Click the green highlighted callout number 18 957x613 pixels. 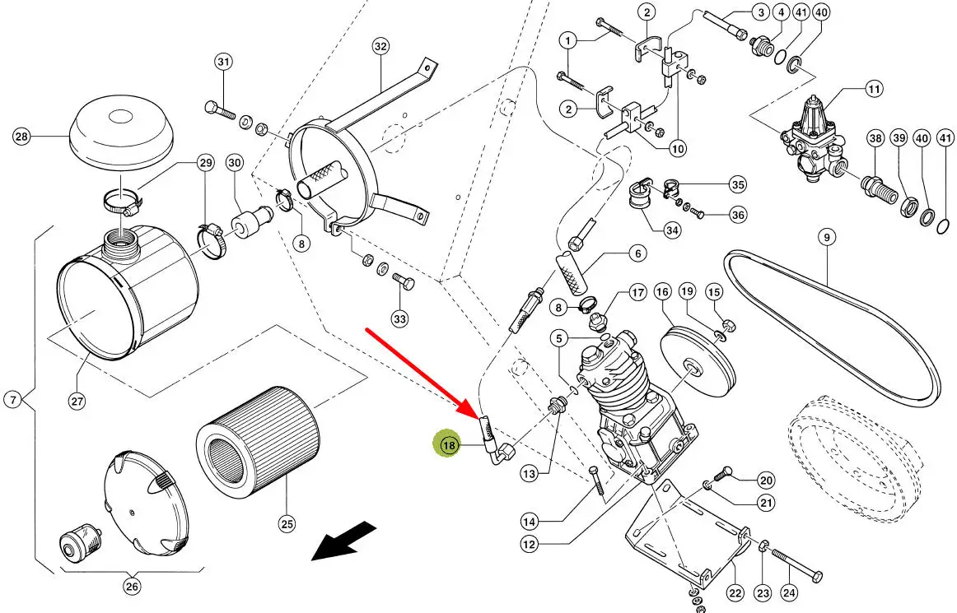pyautogui.click(x=449, y=445)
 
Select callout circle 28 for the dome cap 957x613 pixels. pyautogui.click(x=21, y=137)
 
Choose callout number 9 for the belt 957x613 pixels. pyautogui.click(x=826, y=237)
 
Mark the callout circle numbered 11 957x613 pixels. pyautogui.click(x=873, y=88)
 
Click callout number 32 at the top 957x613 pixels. pyautogui.click(x=380, y=47)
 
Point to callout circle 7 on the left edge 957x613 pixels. pyautogui.click(x=12, y=401)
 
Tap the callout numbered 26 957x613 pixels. pyautogui.click(x=132, y=587)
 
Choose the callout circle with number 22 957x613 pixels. pyautogui.click(x=735, y=592)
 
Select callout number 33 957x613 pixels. pyautogui.click(x=399, y=318)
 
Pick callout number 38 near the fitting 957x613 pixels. pyautogui.click(x=875, y=140)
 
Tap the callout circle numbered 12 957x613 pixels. pyautogui.click(x=530, y=543)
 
